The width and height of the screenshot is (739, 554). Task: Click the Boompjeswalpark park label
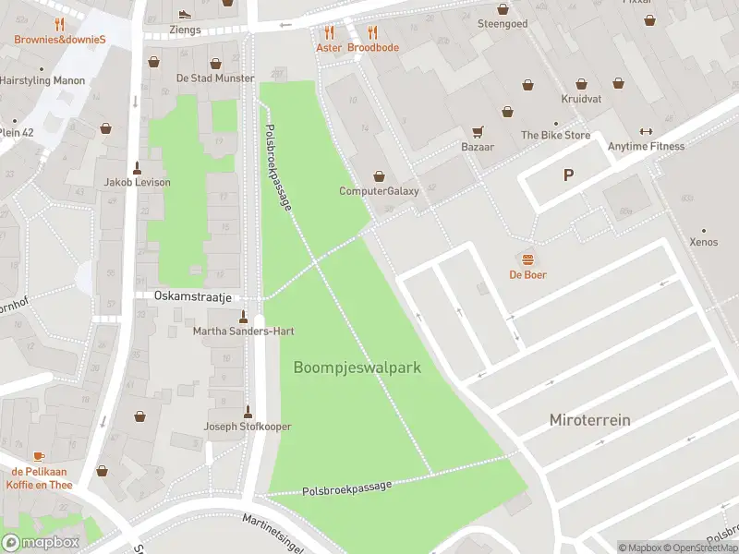pos(357,367)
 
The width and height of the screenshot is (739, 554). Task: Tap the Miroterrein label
pos(589,420)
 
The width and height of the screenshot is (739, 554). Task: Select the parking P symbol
pos(568,175)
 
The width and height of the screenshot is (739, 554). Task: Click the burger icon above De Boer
pos(527,259)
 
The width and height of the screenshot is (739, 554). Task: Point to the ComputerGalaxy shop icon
pos(379,175)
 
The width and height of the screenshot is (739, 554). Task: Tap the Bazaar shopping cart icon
pos(478,131)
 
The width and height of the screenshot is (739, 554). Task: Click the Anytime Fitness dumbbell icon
pos(646,130)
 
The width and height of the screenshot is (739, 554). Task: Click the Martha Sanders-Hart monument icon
pos(243,316)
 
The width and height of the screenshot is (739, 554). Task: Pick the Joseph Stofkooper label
pos(248,427)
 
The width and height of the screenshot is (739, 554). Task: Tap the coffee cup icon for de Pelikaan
pos(38,456)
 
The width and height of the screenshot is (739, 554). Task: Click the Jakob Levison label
pos(137,183)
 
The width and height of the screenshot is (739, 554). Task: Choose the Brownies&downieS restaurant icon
pos(60,25)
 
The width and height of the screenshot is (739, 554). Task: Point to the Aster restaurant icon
pos(329,32)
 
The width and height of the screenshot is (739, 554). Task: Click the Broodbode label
pos(373,48)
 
